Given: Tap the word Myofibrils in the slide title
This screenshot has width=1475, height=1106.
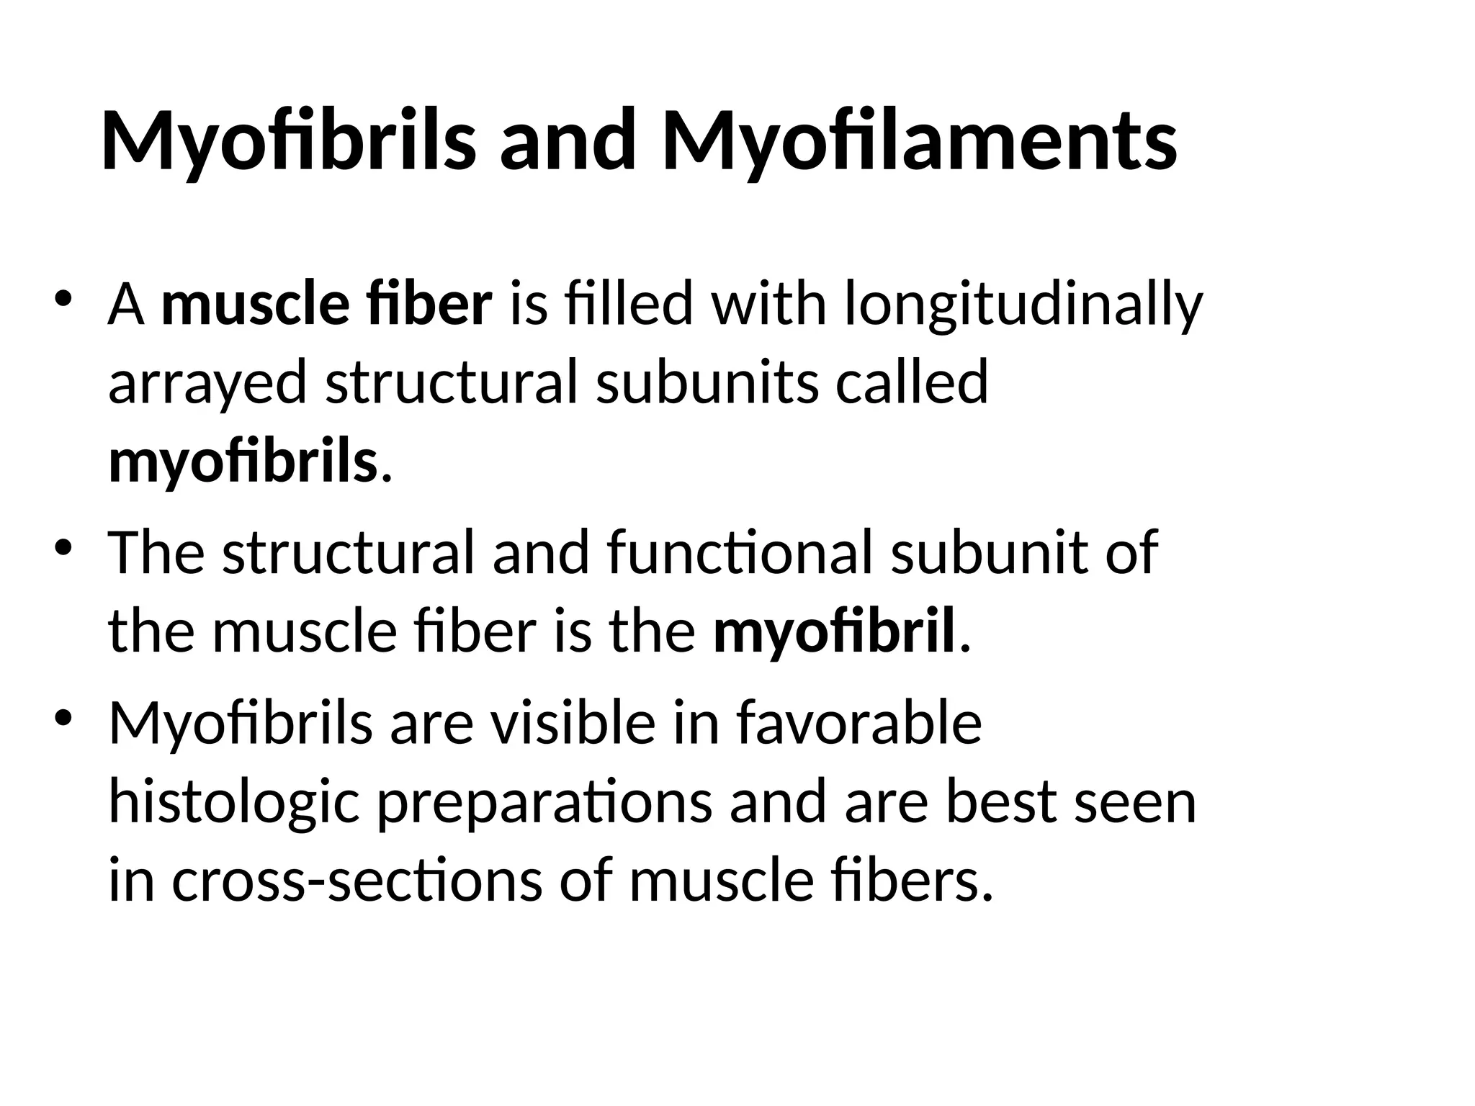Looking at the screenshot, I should (288, 140).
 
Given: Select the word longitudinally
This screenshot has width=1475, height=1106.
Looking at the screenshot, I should (1023, 305).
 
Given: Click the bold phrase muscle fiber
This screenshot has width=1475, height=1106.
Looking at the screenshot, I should (327, 305).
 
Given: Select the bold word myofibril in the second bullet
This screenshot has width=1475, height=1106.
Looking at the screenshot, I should (834, 631).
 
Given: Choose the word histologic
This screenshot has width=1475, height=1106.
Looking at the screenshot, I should (233, 802).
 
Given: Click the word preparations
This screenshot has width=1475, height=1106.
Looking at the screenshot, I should (544, 802).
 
